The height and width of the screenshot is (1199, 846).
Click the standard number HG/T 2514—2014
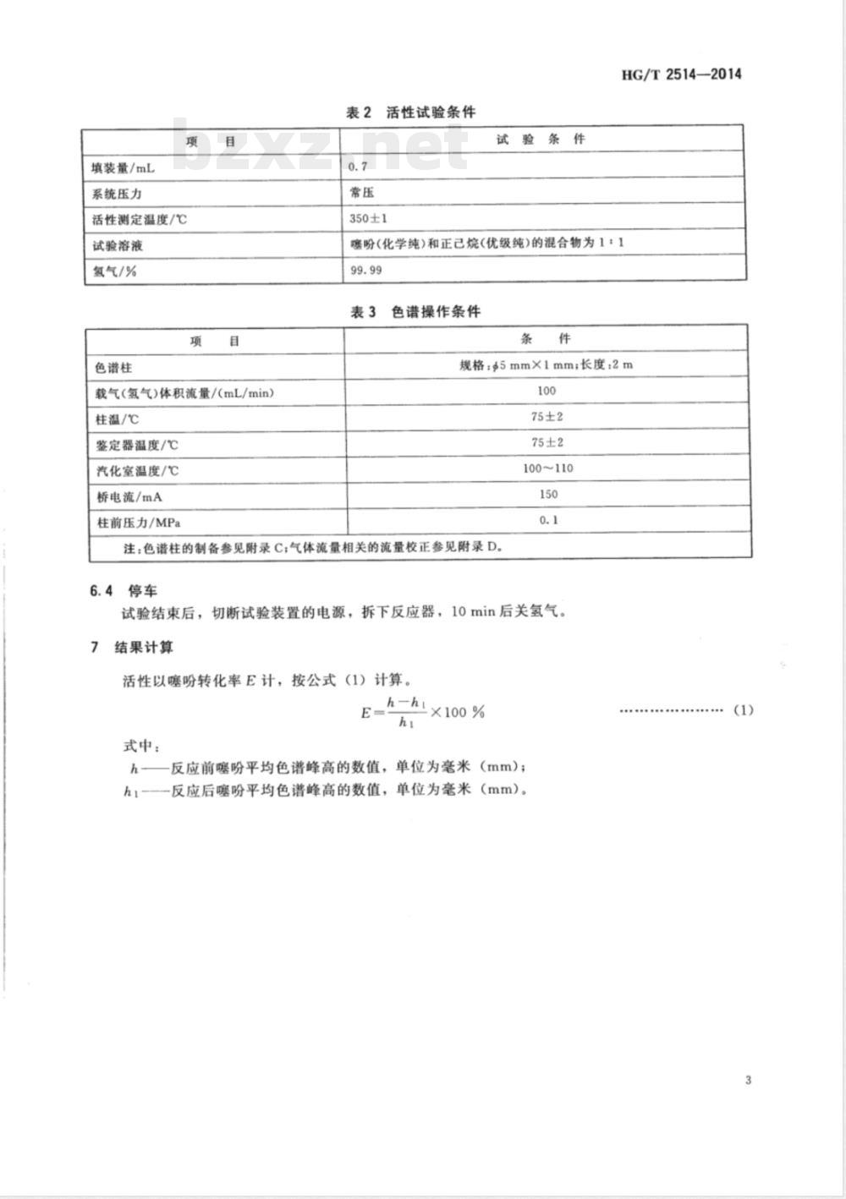(681, 74)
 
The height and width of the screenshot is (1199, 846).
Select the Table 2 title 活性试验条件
(411, 112)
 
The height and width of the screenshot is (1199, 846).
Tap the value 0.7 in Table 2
(358, 167)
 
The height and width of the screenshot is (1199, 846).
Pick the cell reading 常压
(362, 192)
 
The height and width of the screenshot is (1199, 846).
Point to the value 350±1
(368, 219)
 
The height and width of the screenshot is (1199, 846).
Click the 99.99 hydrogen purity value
(365, 271)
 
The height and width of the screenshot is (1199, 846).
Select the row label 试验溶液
(118, 246)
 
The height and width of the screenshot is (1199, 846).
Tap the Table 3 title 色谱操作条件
(415, 312)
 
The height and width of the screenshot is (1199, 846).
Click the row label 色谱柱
(114, 368)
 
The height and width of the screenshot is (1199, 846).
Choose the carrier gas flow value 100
(547, 391)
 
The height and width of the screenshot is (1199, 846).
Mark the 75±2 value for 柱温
(547, 416)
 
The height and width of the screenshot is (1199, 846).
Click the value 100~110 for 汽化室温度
(547, 468)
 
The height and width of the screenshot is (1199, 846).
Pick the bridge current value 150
(547, 494)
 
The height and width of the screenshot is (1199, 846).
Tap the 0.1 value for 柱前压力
(548, 520)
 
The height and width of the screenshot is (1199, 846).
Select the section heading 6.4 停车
(124, 590)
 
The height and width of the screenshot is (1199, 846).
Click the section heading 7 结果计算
(132, 648)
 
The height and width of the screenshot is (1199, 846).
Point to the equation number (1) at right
(743, 710)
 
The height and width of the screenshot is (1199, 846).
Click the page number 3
(748, 1080)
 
